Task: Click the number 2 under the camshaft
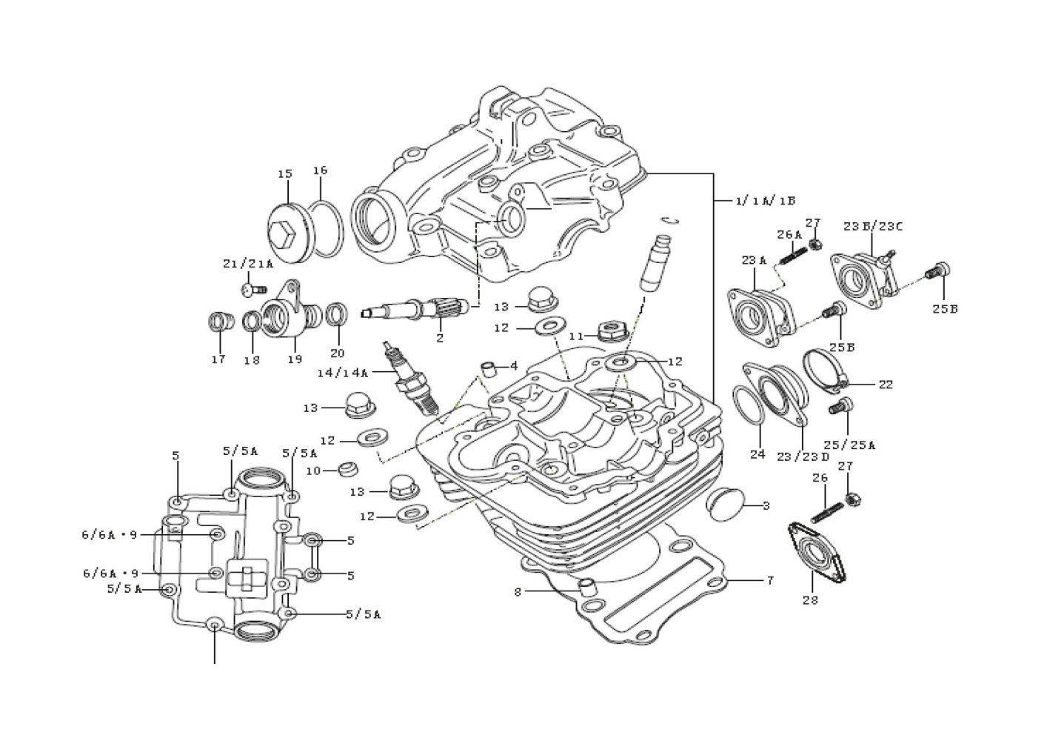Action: click(x=440, y=339)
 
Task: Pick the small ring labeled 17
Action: click(x=218, y=323)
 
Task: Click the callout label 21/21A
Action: click(x=248, y=263)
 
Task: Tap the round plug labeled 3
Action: click(x=722, y=504)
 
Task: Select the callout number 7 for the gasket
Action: click(x=770, y=580)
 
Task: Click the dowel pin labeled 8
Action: click(x=586, y=587)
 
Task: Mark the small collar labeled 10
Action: click(x=347, y=470)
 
